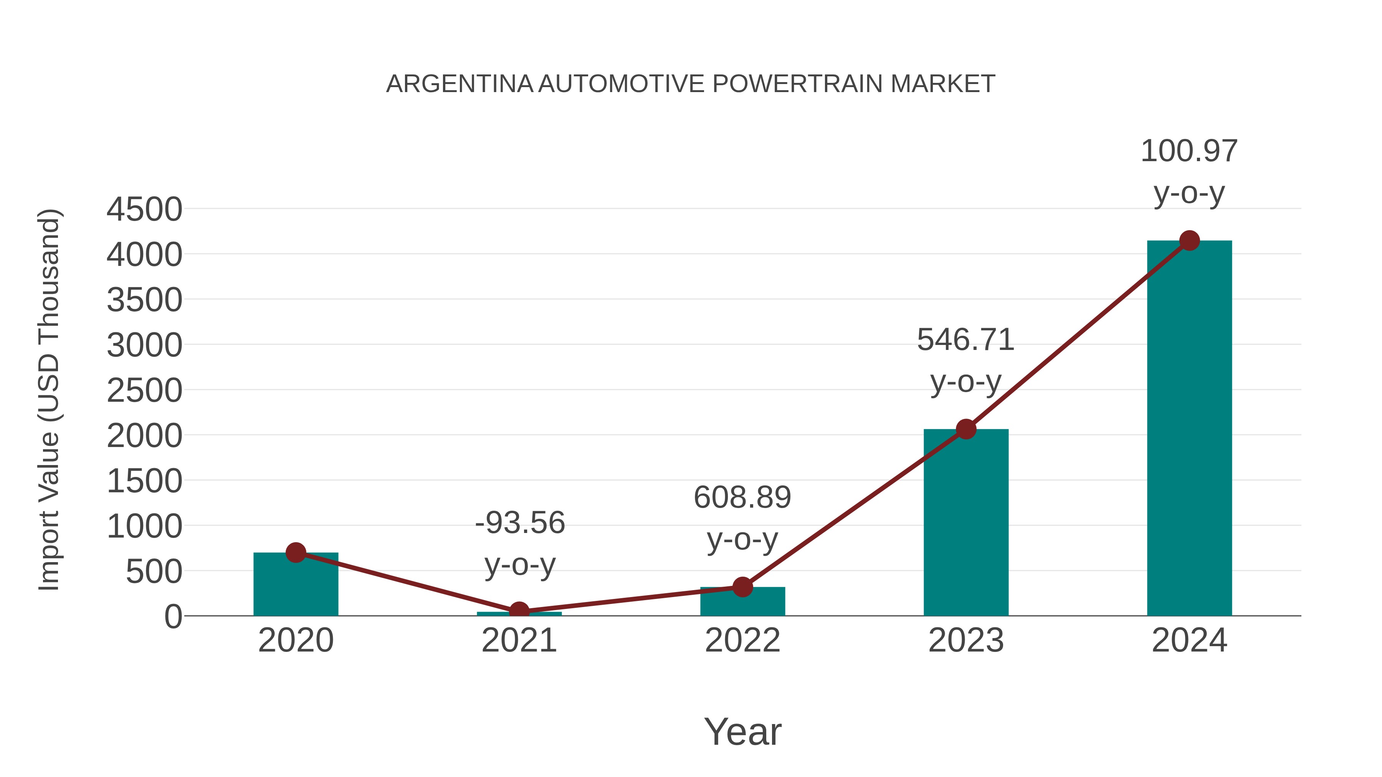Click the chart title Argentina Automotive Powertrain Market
pyautogui.click(x=691, y=84)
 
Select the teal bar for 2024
pyautogui.click(x=1189, y=429)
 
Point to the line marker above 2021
pyautogui.click(x=519, y=611)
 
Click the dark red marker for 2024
pyautogui.click(x=1189, y=241)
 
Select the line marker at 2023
pyautogui.click(x=966, y=429)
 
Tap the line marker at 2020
pyautogui.click(x=296, y=552)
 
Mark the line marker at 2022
pyautogui.click(x=742, y=587)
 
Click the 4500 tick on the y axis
pyautogui.click(x=144, y=209)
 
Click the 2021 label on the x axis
pyautogui.click(x=519, y=640)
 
